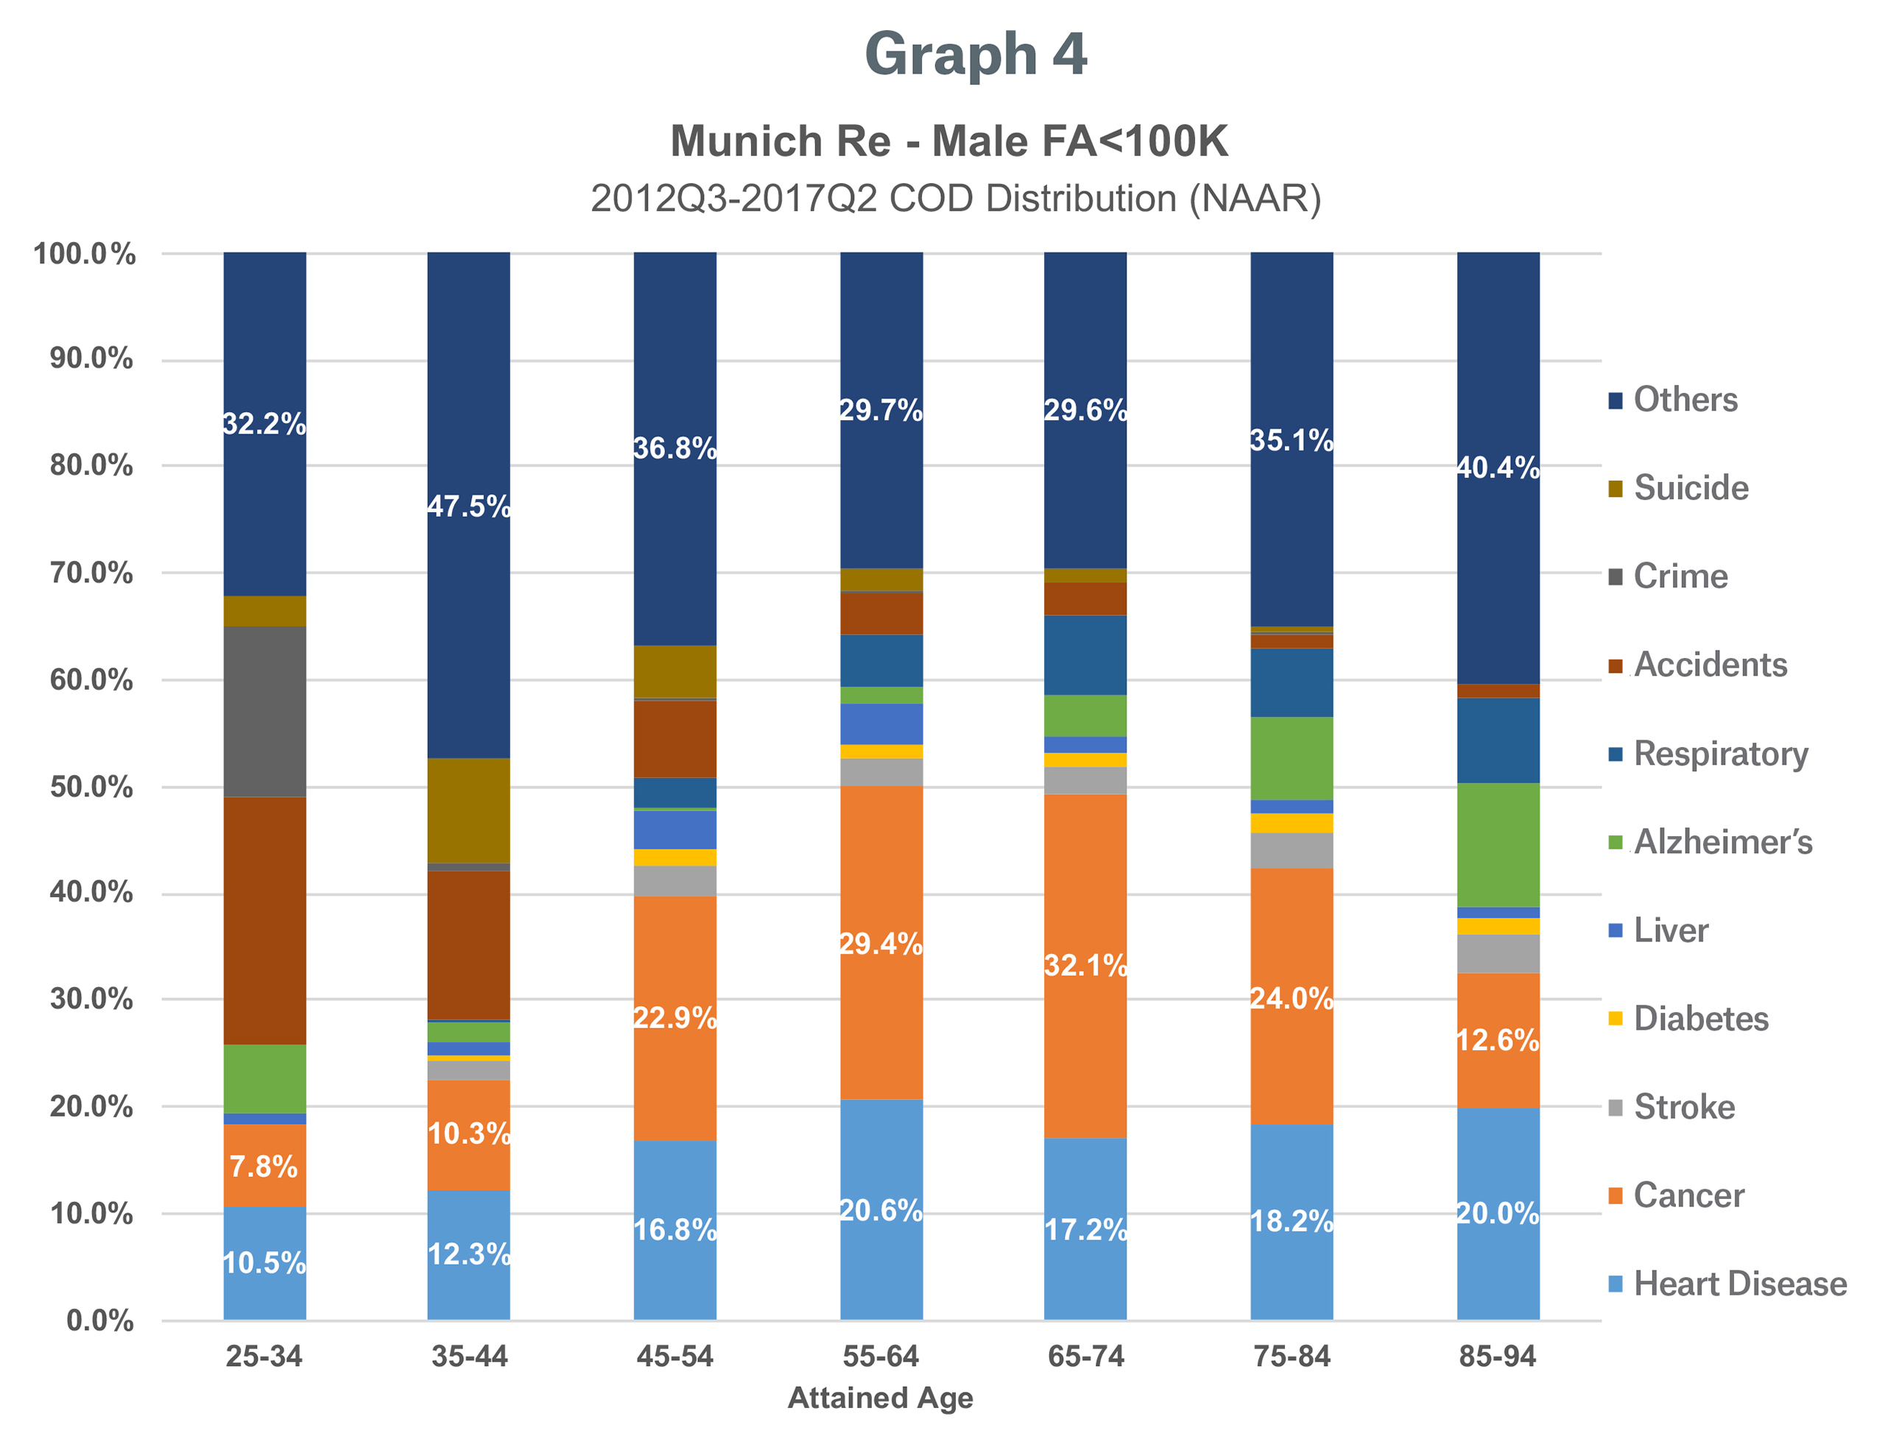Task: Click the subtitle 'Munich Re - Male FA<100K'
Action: click(x=949, y=141)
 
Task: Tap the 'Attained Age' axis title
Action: click(x=880, y=1398)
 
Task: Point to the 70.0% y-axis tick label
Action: click(x=91, y=573)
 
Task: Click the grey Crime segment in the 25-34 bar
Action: click(x=265, y=711)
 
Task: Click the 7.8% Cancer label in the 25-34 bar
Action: click(x=264, y=1166)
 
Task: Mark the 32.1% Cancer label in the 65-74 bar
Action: click(x=1085, y=965)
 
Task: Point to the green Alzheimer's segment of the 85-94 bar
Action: click(x=1498, y=844)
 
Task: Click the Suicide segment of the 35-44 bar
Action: click(x=468, y=810)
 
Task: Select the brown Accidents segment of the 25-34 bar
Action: click(x=265, y=920)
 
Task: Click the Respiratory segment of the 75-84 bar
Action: click(x=1291, y=682)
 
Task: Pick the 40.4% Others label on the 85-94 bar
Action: click(x=1498, y=467)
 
